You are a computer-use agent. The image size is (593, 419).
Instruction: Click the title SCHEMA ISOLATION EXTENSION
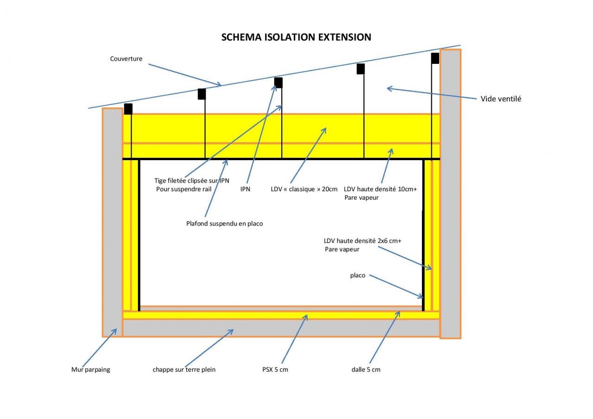click(296, 37)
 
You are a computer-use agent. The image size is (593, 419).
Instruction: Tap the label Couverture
click(126, 59)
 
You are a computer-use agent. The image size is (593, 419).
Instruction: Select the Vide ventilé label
click(501, 99)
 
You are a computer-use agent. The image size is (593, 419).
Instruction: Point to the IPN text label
click(245, 189)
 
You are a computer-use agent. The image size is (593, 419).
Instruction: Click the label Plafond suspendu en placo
click(224, 224)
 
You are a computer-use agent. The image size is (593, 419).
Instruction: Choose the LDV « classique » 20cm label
click(304, 189)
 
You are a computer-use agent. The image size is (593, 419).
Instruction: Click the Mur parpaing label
click(91, 369)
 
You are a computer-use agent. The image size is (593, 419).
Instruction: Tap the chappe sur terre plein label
click(184, 369)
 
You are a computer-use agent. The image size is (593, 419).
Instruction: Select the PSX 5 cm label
click(275, 369)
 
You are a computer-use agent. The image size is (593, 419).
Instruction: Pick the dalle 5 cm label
click(366, 369)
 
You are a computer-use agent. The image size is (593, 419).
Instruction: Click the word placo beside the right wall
click(358, 275)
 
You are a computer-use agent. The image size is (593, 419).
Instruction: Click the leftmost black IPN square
click(128, 109)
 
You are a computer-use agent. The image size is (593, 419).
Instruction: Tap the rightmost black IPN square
click(435, 58)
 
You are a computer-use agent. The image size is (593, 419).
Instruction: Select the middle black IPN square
click(278, 83)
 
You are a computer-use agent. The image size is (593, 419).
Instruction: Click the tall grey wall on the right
click(450, 194)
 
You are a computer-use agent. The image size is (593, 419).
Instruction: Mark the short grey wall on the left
click(112, 222)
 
